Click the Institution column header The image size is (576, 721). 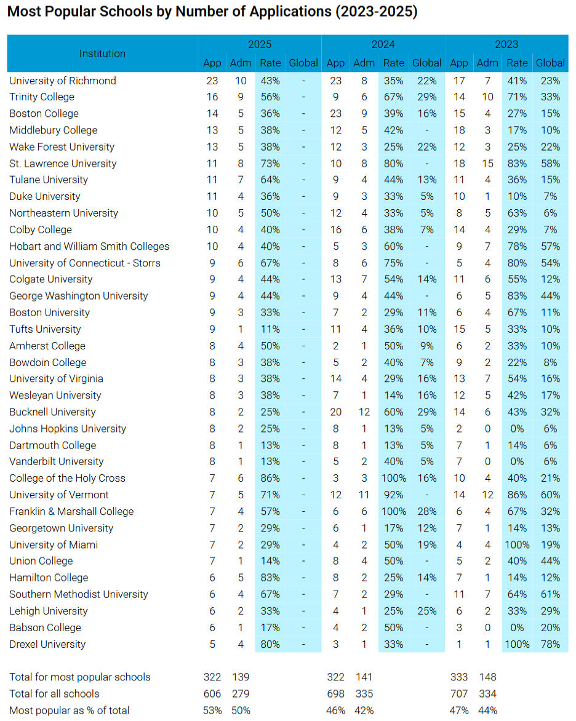click(x=102, y=54)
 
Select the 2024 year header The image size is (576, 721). click(x=383, y=44)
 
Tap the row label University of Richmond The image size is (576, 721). click(x=63, y=81)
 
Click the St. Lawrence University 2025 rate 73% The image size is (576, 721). click(x=270, y=163)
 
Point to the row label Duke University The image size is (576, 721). click(x=45, y=196)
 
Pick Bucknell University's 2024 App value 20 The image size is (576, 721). click(x=336, y=412)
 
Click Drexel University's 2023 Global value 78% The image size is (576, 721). click(x=550, y=644)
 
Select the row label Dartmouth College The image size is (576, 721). click(x=53, y=445)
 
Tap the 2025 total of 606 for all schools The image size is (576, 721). click(x=212, y=693)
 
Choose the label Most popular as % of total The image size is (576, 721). click(x=70, y=711)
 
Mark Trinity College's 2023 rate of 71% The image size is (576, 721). click(x=517, y=97)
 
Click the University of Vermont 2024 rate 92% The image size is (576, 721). click(x=394, y=495)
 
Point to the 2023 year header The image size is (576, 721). click(x=506, y=44)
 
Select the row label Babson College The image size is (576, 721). click(x=45, y=627)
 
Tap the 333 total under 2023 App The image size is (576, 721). click(x=459, y=677)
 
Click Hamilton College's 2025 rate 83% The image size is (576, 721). click(x=270, y=578)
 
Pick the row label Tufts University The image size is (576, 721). click(x=45, y=329)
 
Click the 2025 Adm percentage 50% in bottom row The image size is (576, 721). click(x=241, y=711)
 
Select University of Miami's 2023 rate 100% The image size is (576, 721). click(x=517, y=545)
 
